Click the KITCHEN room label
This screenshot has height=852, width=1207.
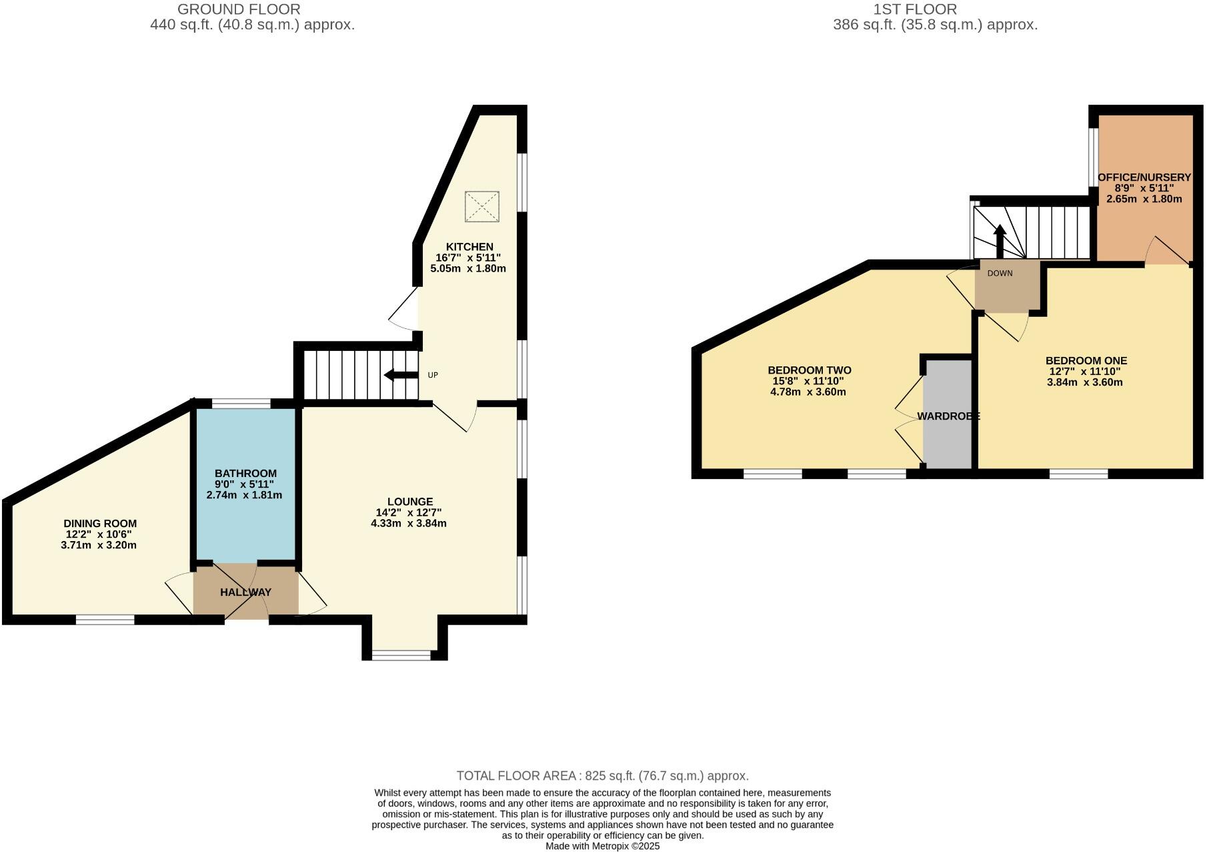469,247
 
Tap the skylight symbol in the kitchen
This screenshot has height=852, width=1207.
482,206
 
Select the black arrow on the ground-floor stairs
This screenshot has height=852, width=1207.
401,375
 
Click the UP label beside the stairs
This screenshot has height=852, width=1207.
433,375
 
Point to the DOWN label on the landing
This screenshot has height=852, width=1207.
1000,274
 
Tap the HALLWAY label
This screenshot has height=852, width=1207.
245,592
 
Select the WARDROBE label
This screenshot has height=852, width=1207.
948,416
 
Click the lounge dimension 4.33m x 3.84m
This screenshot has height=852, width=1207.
409,524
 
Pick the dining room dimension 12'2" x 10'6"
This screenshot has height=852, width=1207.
99,534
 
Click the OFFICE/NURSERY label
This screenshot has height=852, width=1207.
1144,177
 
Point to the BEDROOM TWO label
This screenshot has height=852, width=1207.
810,370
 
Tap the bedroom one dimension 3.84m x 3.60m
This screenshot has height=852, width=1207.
1085,383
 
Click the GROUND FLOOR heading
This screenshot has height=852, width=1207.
239,9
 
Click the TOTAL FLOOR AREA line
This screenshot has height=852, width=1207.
602,776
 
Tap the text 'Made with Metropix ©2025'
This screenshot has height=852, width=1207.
602,846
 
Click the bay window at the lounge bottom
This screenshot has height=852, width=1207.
401,655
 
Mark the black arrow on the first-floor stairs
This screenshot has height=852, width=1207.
999,241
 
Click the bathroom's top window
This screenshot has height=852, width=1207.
241,403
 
